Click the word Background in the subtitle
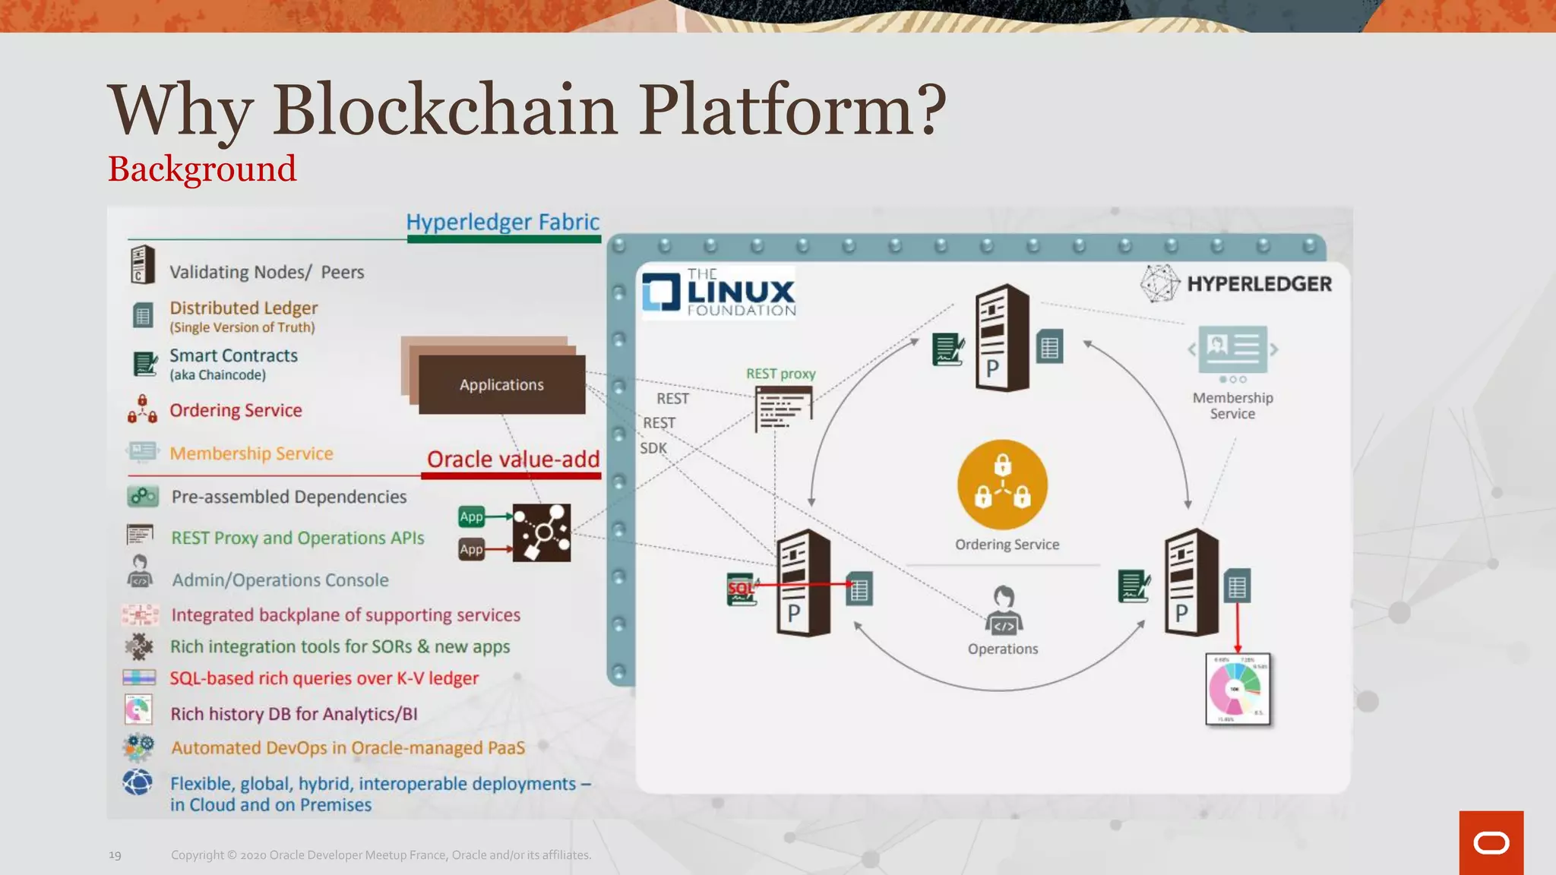tap(202, 169)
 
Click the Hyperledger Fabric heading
tap(502, 222)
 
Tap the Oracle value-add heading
tap(513, 460)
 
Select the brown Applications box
tap(501, 384)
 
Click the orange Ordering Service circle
tap(1002, 485)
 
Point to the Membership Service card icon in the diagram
tap(1232, 349)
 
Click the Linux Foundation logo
tap(719, 292)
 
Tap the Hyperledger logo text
tap(1259, 284)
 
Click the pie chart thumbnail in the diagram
tap(1238, 689)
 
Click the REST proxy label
tap(780, 374)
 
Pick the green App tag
tap(471, 516)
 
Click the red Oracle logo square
tap(1491, 842)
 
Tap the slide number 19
tap(115, 855)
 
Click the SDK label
tap(653, 448)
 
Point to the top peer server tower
tap(1002, 338)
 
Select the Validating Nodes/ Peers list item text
tap(267, 272)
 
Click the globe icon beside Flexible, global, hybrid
tap(138, 782)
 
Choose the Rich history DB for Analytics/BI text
tap(294, 714)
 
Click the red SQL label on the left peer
tap(740, 588)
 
